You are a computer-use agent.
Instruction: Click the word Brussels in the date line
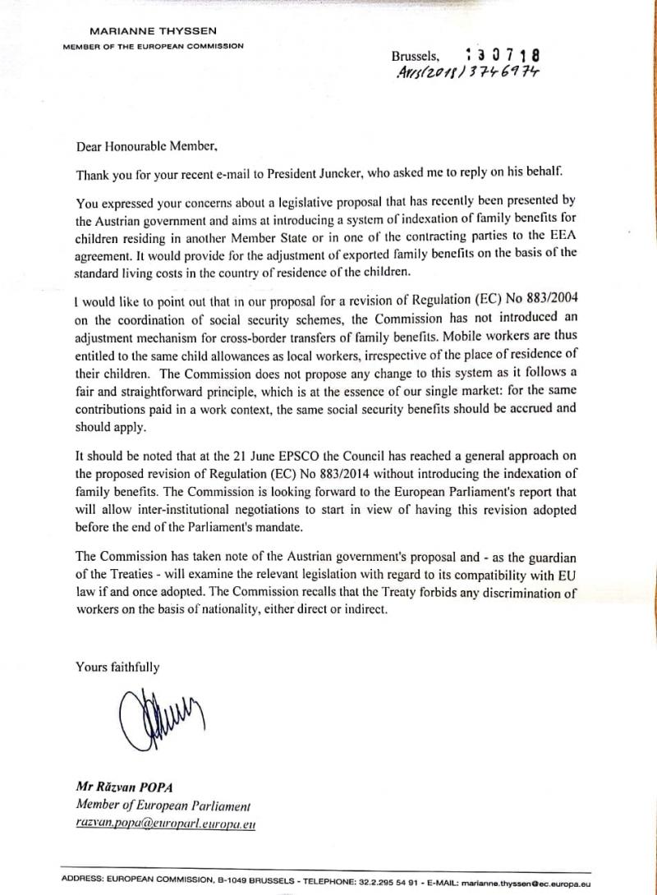click(416, 57)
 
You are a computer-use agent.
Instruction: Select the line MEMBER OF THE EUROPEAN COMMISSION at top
click(153, 46)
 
